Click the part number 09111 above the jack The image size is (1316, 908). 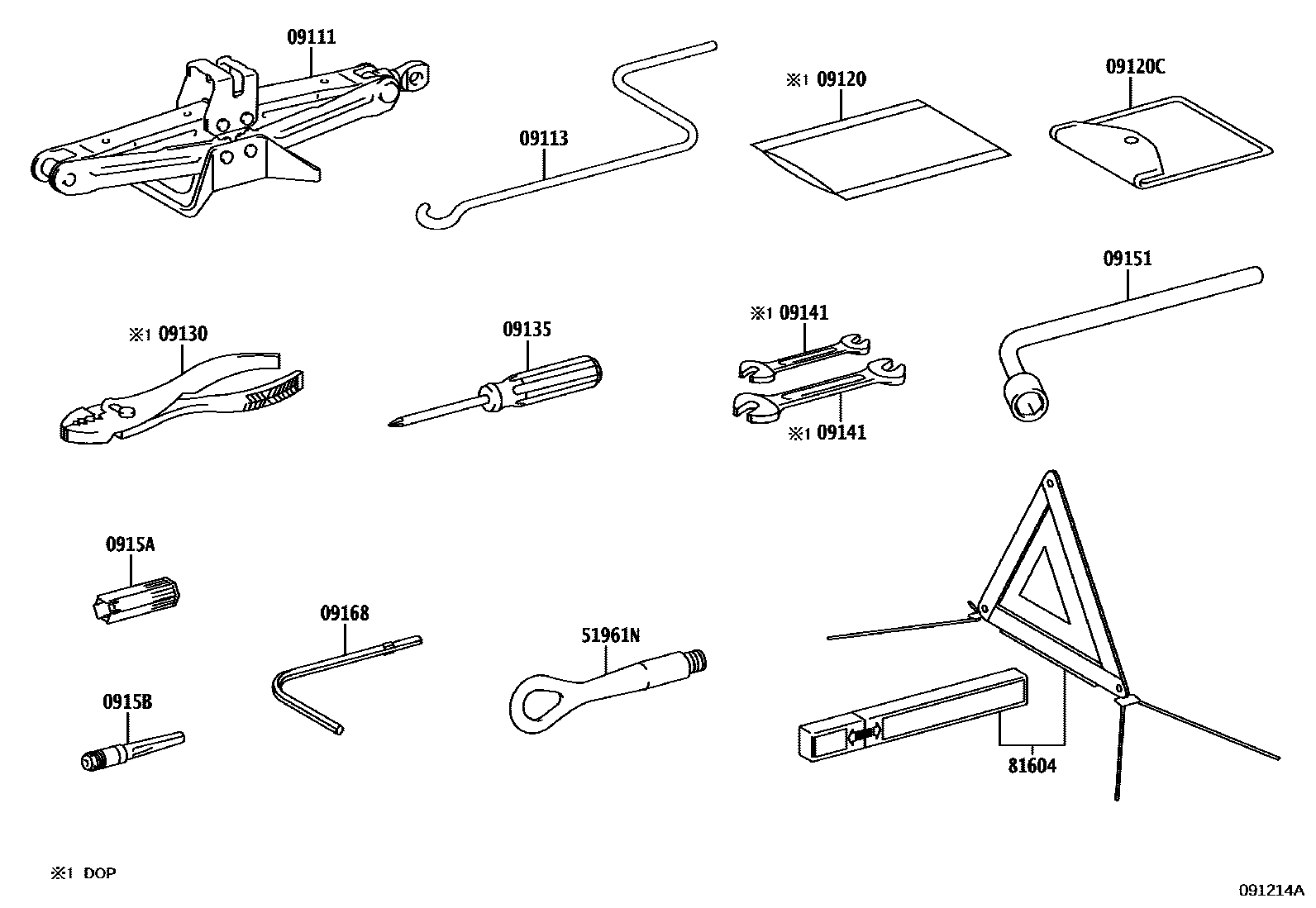tap(312, 37)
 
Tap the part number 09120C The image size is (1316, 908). tap(1135, 67)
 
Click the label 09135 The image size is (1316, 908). tap(527, 330)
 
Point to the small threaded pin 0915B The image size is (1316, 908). tap(132, 750)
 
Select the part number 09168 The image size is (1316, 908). tap(345, 614)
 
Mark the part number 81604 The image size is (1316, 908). tap(1032, 766)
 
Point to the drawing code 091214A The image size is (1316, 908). tap(1270, 890)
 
